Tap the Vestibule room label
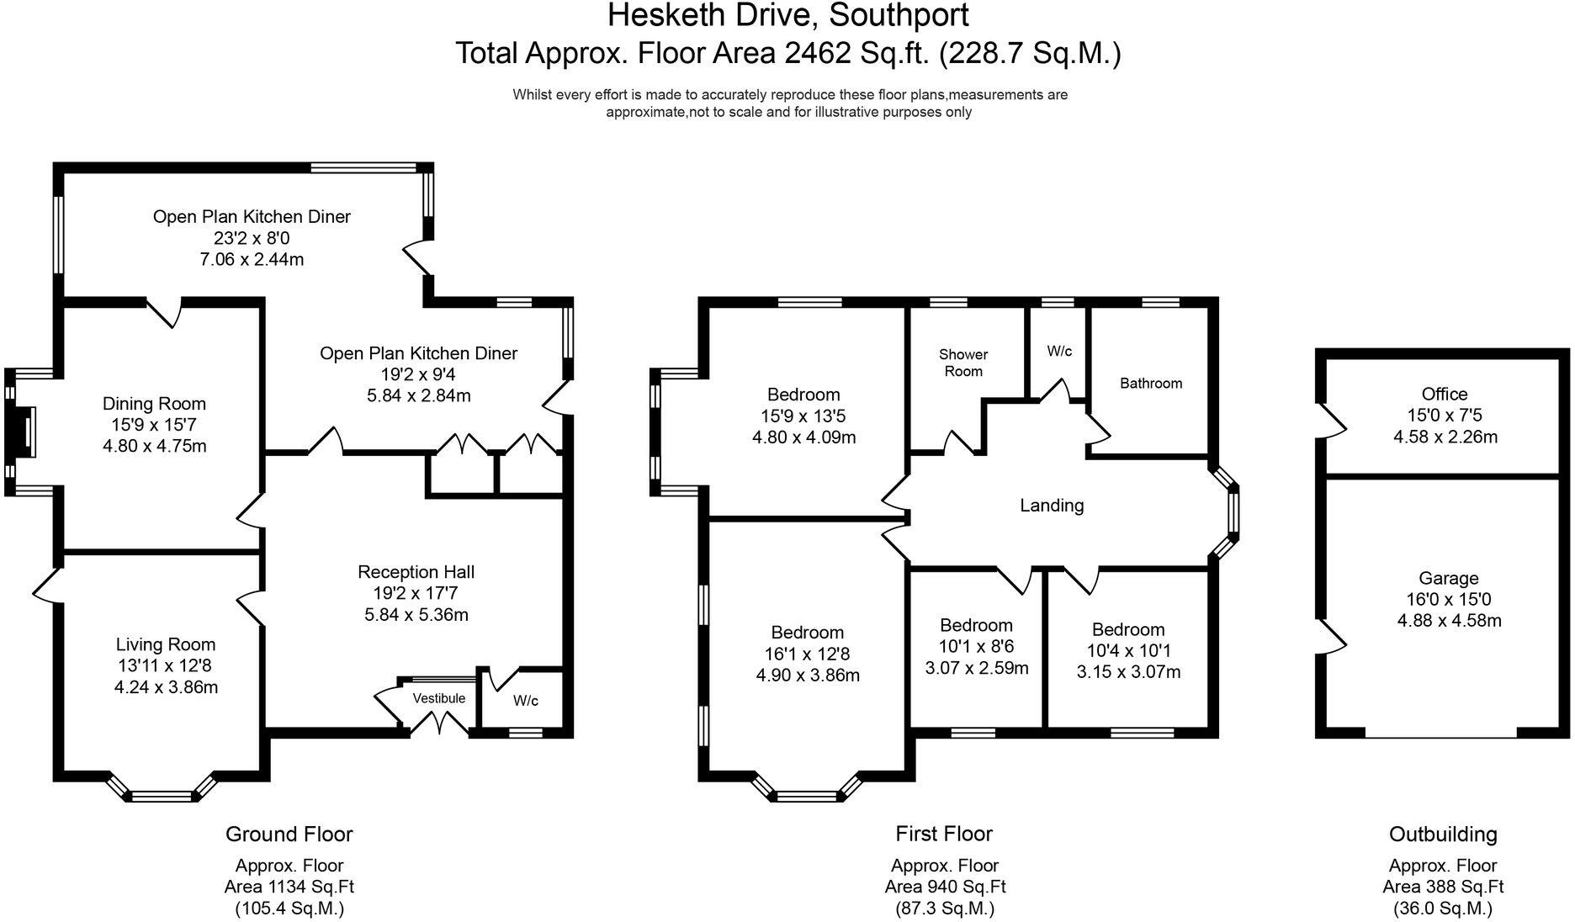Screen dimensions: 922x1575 [x=438, y=698]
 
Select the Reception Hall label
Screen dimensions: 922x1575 [x=416, y=572]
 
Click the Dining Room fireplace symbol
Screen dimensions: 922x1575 [x=26, y=432]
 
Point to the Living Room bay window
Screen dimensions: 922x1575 [x=162, y=792]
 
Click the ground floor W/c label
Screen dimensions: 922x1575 [x=526, y=701]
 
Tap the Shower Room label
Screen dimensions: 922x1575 [x=963, y=363]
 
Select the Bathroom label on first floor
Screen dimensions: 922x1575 [x=1150, y=384]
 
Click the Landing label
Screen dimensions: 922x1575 [x=1052, y=506]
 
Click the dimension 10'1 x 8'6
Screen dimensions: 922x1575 [x=976, y=647]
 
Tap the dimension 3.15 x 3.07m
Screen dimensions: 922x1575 [x=1128, y=672]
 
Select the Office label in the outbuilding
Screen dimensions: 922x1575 [x=1445, y=394]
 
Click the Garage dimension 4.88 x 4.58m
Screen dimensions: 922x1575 [x=1449, y=622]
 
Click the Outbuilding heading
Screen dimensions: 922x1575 [x=1443, y=835]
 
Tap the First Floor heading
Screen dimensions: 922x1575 [x=944, y=834]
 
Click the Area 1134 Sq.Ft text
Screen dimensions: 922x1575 [x=289, y=887]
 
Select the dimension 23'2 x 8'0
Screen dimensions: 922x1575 [x=251, y=238]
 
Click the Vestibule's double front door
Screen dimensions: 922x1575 [x=438, y=723]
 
